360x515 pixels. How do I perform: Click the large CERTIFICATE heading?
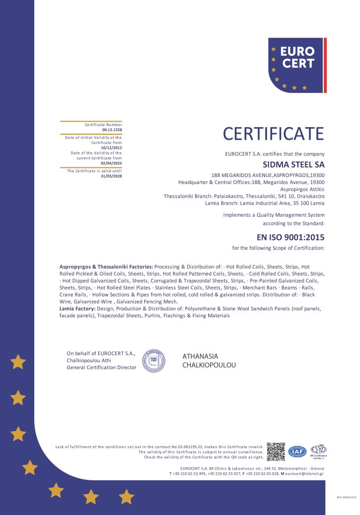pos(274,134)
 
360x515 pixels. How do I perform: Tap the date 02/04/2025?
pos(111,163)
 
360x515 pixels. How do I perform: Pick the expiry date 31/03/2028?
pos(111,176)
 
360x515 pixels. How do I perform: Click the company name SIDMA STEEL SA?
pos(294,164)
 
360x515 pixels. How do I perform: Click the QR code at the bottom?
pos(276,452)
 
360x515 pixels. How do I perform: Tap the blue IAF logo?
pos(297,452)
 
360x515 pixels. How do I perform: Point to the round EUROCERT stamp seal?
pos(154,360)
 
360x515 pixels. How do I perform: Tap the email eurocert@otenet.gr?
pos(303,473)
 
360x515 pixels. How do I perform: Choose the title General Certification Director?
pos(102,368)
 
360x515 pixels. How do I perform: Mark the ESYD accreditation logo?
pos(318,451)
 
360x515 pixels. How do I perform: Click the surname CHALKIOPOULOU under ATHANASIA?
pos(209,365)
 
